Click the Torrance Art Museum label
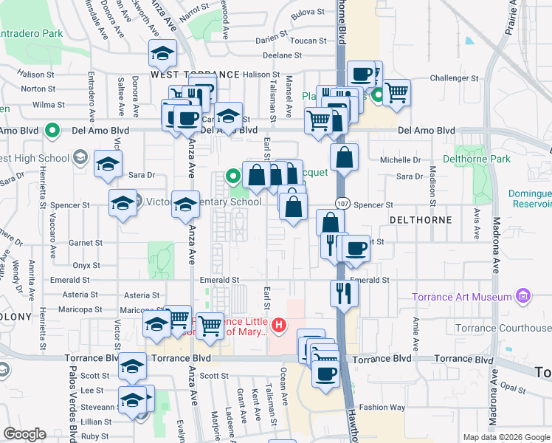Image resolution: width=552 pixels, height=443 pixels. coord(462,297)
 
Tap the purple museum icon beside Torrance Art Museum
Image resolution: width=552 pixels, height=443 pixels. coord(523,296)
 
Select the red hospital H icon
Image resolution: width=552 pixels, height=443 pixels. coord(279,324)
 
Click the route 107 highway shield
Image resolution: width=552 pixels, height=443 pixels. coord(342,202)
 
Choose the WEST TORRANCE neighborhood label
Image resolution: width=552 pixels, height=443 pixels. coord(195,75)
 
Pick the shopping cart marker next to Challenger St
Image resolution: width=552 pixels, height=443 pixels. coord(396,92)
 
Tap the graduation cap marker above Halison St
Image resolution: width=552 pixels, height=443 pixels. coord(162,54)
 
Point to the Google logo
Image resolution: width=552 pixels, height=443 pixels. coord(25,434)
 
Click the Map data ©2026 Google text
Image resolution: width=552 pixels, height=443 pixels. coord(506,437)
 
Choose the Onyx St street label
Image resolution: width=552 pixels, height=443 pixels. coord(86,265)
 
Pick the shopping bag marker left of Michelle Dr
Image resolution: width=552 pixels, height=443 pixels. coord(345,157)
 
